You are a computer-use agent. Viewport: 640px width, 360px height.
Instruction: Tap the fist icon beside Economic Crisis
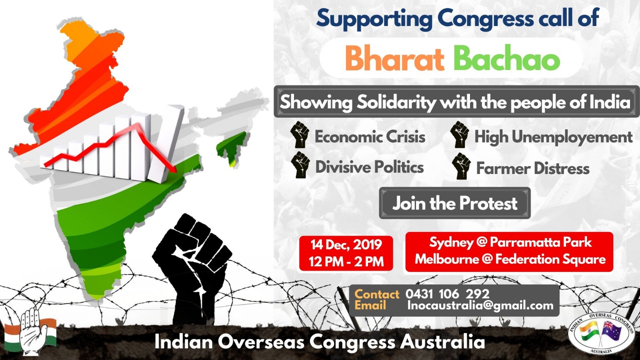pyautogui.click(x=300, y=134)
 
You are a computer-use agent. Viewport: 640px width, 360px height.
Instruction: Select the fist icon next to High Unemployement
pyautogui.click(x=460, y=134)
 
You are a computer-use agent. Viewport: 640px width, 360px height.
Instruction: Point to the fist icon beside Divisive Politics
pyautogui.click(x=300, y=165)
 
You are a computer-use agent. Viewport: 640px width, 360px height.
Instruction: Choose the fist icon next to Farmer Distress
pyautogui.click(x=461, y=166)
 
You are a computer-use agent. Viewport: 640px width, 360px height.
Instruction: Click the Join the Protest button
pyautogui.click(x=455, y=203)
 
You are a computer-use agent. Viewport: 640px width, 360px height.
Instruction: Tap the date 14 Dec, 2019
pyautogui.click(x=346, y=244)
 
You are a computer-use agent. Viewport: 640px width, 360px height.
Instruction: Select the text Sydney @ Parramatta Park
pyautogui.click(x=510, y=242)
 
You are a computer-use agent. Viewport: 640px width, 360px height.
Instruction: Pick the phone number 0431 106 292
pyautogui.click(x=448, y=294)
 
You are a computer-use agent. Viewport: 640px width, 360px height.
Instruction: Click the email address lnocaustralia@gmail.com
pyautogui.click(x=480, y=306)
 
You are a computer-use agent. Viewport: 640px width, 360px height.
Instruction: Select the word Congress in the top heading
pyautogui.click(x=486, y=18)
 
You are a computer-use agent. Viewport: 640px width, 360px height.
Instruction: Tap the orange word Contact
pyautogui.click(x=377, y=294)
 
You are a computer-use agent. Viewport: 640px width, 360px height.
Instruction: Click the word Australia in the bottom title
pyautogui.click(x=442, y=342)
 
